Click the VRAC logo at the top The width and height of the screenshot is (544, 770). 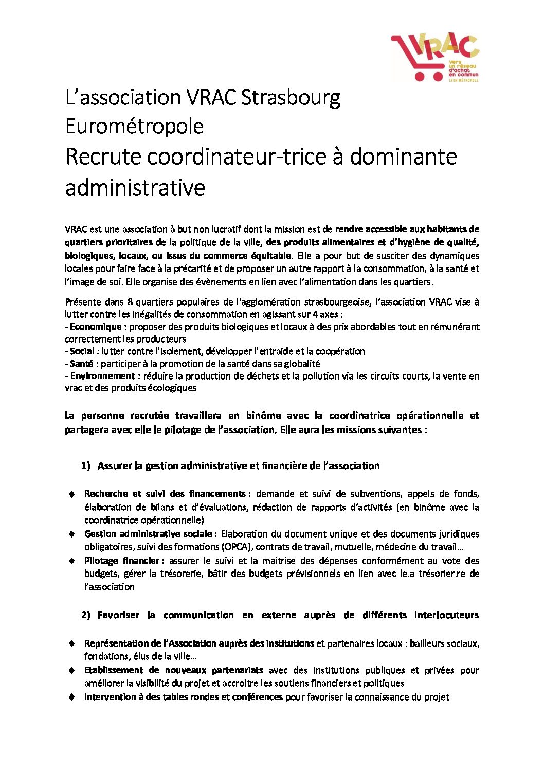coord(435,57)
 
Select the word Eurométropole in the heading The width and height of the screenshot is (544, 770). coord(134,127)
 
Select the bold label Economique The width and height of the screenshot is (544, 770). coord(96,327)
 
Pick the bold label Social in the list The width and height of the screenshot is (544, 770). coord(82,351)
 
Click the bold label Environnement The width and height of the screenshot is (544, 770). coord(102,376)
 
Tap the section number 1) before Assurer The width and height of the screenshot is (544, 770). coord(85,466)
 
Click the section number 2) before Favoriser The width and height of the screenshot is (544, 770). coord(85,615)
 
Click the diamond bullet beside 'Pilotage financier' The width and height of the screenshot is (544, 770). coord(72,561)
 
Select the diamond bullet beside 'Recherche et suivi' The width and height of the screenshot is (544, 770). coord(72,494)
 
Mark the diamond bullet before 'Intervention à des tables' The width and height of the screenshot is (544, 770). coord(72,697)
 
